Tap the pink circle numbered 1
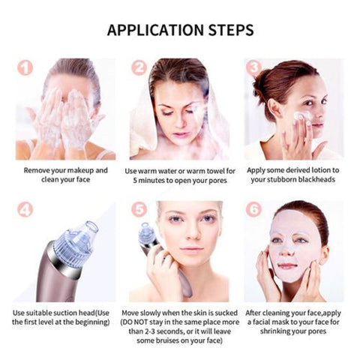tap(25, 67)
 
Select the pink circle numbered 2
tap(139, 67)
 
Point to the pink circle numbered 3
tap(253, 67)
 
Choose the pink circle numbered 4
tap(25, 209)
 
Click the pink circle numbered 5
tap(139, 209)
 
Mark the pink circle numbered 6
tap(253, 209)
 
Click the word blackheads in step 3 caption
tap(315, 181)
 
